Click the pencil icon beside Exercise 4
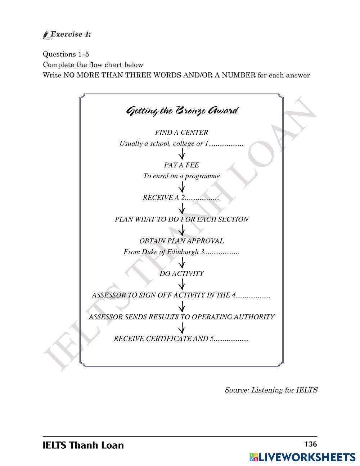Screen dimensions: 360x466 point(46,35)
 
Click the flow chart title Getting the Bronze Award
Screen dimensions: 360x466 point(182,111)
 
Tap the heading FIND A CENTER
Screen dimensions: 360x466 point(181,133)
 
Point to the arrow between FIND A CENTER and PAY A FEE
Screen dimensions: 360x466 point(182,154)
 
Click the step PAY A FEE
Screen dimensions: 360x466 point(181,165)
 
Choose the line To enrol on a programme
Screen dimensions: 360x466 point(181,176)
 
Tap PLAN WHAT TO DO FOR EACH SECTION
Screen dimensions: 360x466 point(181,219)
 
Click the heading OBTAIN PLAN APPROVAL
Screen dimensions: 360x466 point(181,241)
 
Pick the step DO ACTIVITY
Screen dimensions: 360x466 point(181,274)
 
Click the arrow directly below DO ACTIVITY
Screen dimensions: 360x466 point(182,284)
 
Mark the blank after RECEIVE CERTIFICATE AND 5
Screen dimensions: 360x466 point(231,339)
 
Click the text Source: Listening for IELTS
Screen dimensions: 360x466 point(271,390)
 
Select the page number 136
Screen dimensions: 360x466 point(310,444)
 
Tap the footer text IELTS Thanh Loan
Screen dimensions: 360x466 point(83,445)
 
